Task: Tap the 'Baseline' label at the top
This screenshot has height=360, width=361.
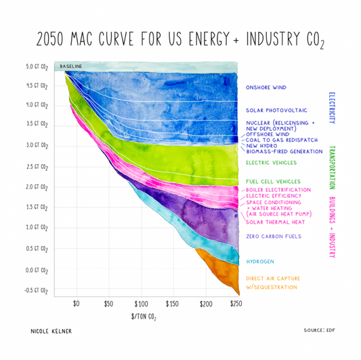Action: click(x=71, y=66)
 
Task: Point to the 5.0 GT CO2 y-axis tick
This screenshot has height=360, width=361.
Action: click(x=37, y=67)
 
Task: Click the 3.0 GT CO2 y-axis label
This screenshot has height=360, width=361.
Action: click(x=37, y=145)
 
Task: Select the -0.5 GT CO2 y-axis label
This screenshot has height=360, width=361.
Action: click(x=37, y=290)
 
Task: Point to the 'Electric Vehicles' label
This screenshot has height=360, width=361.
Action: click(x=271, y=163)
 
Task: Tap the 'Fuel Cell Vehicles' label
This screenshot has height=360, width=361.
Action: click(x=273, y=182)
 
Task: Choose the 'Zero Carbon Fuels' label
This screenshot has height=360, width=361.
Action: click(x=273, y=237)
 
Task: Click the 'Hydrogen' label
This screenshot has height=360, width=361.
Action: click(x=261, y=260)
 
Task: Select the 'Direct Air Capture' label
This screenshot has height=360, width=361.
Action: click(x=273, y=279)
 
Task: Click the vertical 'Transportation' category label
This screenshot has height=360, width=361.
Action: click(x=333, y=169)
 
